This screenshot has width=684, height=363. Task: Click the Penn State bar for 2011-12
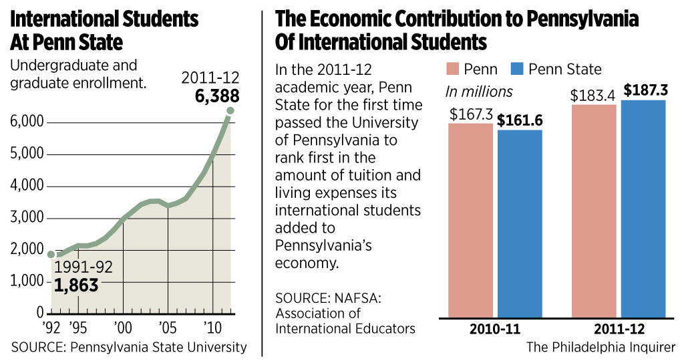pyautogui.click(x=643, y=207)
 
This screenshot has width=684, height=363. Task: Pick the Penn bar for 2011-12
pyautogui.click(x=594, y=210)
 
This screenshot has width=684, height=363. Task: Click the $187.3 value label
pyautogui.click(x=644, y=90)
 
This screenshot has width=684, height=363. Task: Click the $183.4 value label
pyautogui.click(x=593, y=94)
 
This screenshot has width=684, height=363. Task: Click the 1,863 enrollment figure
pyautogui.click(x=76, y=285)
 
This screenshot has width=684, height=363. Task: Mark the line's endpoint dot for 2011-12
pyautogui.click(x=229, y=110)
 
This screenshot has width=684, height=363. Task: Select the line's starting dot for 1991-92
pyautogui.click(x=51, y=254)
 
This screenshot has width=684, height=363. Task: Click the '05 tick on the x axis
pyautogui.click(x=168, y=328)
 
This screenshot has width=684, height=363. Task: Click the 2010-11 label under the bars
pyautogui.click(x=496, y=329)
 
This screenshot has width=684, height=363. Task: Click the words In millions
pyautogui.click(x=479, y=92)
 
